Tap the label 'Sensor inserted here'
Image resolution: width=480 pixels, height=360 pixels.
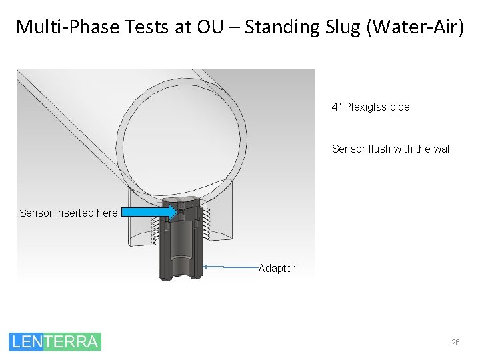[68, 213]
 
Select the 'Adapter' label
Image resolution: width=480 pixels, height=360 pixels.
[277, 268]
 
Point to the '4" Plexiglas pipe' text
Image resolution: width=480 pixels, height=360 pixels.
[371, 107]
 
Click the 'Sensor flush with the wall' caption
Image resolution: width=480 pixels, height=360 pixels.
[391, 149]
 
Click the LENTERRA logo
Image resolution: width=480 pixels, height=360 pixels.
[55, 341]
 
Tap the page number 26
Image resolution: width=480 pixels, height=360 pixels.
[455, 342]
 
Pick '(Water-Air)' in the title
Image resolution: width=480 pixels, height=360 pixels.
[414, 27]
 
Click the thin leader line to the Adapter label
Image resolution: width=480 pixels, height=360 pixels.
[230, 267]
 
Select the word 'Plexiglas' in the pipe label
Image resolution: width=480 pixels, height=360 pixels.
[366, 107]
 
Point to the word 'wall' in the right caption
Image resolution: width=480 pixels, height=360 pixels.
[441, 149]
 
